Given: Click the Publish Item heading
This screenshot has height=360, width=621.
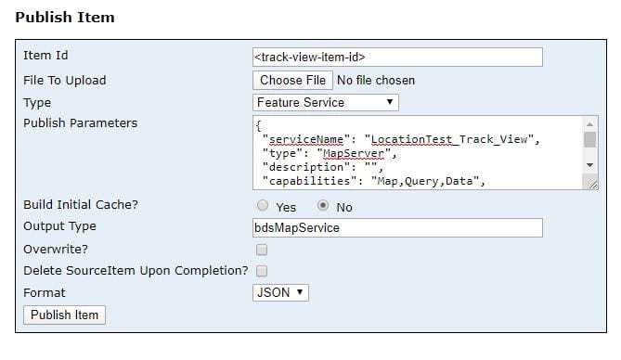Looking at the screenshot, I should pyautogui.click(x=64, y=17).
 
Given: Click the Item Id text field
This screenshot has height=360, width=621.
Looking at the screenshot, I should pyautogui.click(x=397, y=58).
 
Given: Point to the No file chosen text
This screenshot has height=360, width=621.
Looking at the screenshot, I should pyautogui.click(x=376, y=81).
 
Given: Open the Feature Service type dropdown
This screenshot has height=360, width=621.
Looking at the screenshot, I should pyautogui.click(x=326, y=103).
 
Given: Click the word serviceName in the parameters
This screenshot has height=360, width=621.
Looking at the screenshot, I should pyautogui.click(x=303, y=138).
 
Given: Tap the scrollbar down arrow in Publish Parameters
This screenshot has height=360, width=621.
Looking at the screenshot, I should pyautogui.click(x=590, y=164).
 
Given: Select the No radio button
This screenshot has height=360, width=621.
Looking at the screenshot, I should pyautogui.click(x=323, y=206).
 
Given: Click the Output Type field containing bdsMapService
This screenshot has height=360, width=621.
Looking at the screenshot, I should pyautogui.click(x=397, y=228).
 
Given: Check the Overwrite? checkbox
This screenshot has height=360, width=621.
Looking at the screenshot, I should pyautogui.click(x=262, y=250).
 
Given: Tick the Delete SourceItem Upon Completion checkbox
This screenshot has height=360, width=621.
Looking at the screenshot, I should pyautogui.click(x=262, y=271).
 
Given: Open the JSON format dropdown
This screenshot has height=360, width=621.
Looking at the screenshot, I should pyautogui.click(x=280, y=293).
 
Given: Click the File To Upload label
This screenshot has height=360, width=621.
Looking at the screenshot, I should pyautogui.click(x=64, y=81).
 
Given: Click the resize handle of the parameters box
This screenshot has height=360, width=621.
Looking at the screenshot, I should pyautogui.click(x=593, y=185).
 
